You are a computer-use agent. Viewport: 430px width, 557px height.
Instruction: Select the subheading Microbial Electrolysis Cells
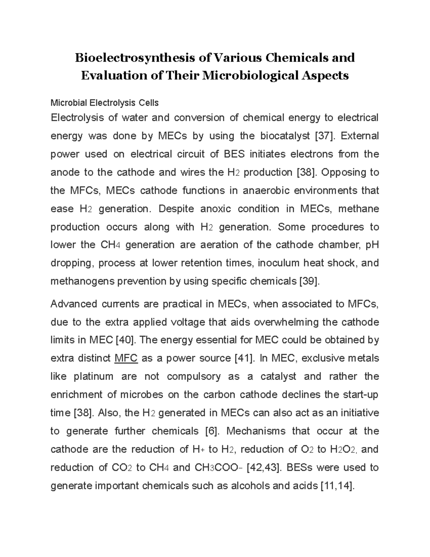click(x=104, y=103)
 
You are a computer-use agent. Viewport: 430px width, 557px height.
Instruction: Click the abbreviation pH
click(x=372, y=245)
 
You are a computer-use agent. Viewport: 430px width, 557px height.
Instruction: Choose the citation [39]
click(x=309, y=282)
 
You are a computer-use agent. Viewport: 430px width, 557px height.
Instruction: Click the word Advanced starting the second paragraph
click(x=74, y=304)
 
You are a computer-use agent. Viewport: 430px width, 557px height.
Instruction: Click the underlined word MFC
click(x=126, y=358)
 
